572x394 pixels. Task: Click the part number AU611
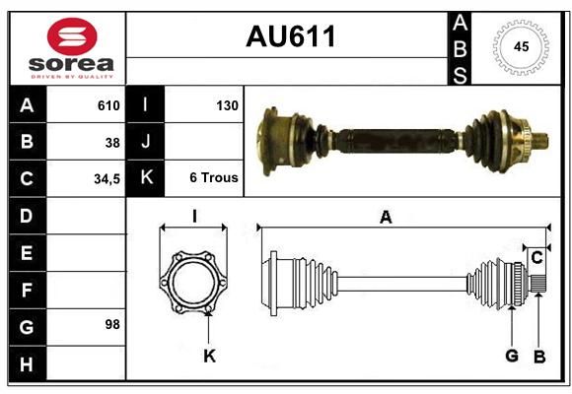291,36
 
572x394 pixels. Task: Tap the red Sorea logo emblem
72,36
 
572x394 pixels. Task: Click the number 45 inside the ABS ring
521,46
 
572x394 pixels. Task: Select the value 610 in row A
108,105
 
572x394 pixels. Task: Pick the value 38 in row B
112,143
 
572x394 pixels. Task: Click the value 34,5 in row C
107,179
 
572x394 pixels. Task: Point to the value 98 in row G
112,324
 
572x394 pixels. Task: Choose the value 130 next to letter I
227,105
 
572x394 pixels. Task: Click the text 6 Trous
214,177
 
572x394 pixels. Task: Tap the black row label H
28,363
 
